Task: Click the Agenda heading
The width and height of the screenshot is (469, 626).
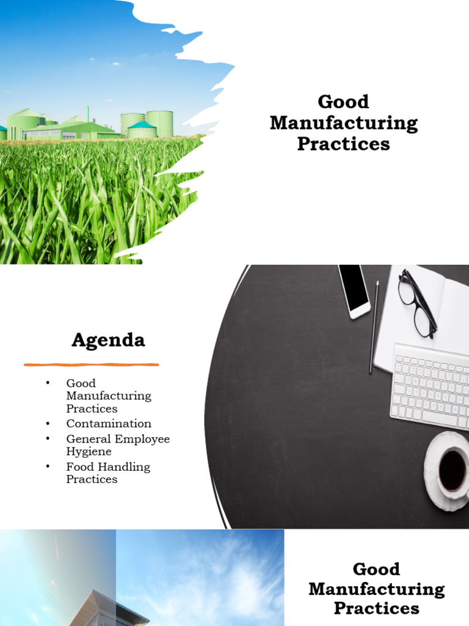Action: pyautogui.click(x=108, y=340)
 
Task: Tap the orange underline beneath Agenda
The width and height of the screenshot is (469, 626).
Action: pyautogui.click(x=92, y=365)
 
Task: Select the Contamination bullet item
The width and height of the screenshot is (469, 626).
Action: pyautogui.click(x=109, y=424)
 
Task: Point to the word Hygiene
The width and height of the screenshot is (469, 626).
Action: pyautogui.click(x=89, y=452)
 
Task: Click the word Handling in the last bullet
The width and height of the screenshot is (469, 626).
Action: pyautogui.click(x=126, y=467)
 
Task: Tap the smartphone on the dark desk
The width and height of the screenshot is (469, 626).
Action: pyautogui.click(x=354, y=290)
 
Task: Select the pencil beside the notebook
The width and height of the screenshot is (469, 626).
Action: pyautogui.click(x=374, y=327)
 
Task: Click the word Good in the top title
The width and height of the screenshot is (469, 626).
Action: pyautogui.click(x=343, y=101)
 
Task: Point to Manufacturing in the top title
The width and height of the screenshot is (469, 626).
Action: pyautogui.click(x=344, y=123)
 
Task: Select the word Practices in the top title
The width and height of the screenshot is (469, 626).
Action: pyautogui.click(x=343, y=144)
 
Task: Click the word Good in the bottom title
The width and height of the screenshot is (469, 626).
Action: pyautogui.click(x=376, y=569)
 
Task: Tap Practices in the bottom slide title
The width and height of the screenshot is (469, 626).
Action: pyautogui.click(x=376, y=608)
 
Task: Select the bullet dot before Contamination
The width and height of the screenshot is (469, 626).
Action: pyautogui.click(x=47, y=424)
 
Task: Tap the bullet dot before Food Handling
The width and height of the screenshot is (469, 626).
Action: pyautogui.click(x=47, y=467)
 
